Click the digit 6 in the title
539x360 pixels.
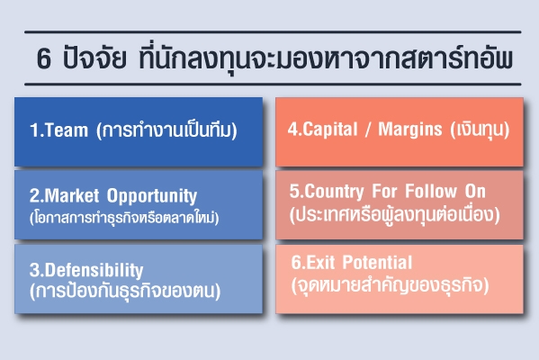tap(44, 58)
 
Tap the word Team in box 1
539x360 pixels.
tap(67, 130)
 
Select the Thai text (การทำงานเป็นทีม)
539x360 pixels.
tap(166, 130)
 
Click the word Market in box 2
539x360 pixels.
tap(72, 195)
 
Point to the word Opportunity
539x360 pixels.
tap(152, 196)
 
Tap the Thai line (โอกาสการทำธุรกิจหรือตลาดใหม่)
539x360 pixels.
tap(124, 217)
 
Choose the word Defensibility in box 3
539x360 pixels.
tap(94, 270)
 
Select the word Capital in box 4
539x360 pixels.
tap(330, 130)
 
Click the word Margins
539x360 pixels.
tap(410, 130)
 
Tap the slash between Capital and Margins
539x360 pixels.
tap(368, 130)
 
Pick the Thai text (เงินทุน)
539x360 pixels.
tap(480, 129)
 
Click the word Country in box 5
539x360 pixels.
tap(334, 191)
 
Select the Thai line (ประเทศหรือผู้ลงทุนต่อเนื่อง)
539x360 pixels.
tap(395, 214)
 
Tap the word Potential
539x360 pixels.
tap(377, 262)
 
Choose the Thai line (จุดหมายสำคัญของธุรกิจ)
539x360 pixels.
tap(390, 285)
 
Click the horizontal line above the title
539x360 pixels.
tap(273, 32)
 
